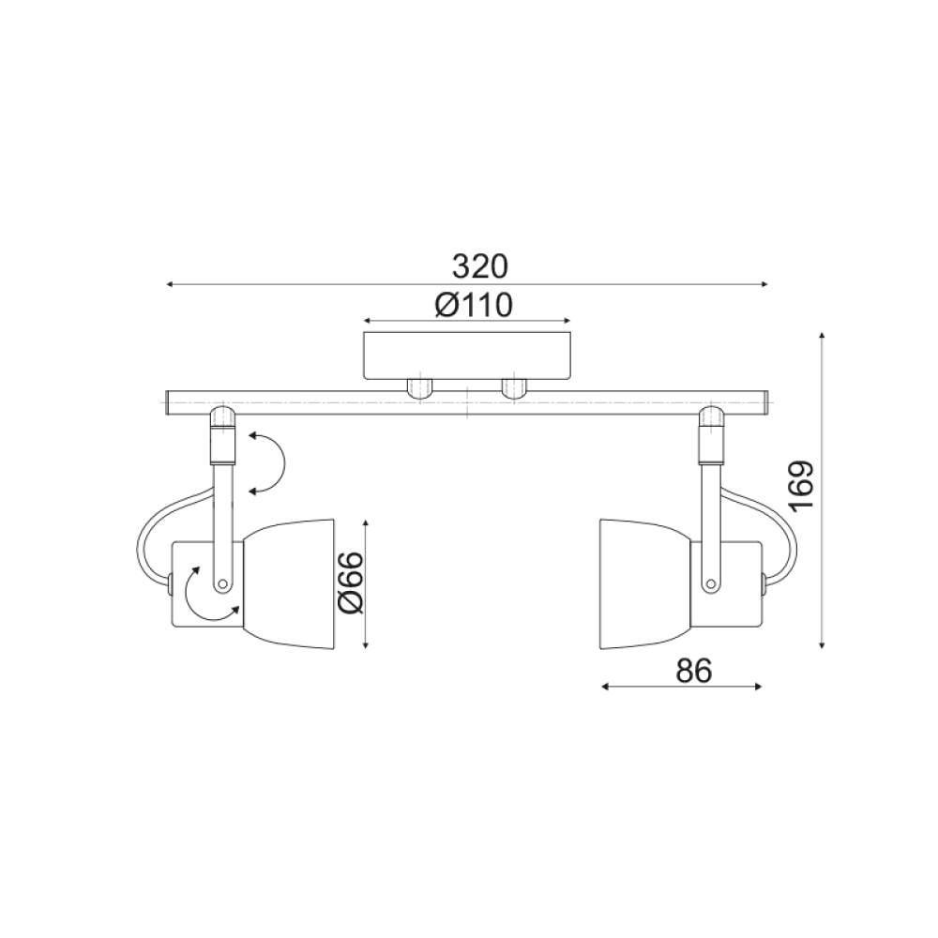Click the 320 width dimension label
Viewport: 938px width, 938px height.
pos(479,266)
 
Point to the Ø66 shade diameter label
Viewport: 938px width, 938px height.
pos(349,583)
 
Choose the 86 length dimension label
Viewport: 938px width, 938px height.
pos(694,671)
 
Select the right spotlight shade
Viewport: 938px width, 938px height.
pos(645,582)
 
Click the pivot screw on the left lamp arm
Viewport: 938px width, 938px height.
pos(222,583)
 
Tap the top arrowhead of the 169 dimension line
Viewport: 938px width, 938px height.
pos(823,336)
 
